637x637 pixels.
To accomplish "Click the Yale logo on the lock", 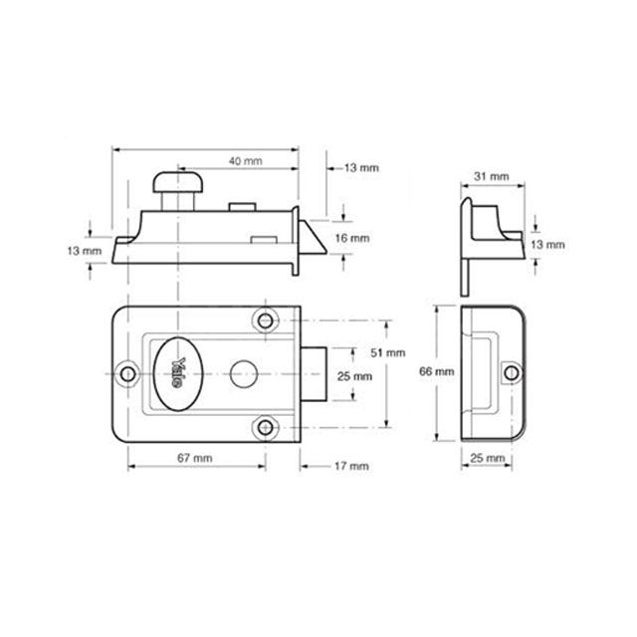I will (179, 372).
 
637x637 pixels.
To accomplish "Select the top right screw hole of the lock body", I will (264, 319).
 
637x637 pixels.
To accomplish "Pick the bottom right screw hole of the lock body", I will (264, 426).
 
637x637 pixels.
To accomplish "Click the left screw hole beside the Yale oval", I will (129, 373).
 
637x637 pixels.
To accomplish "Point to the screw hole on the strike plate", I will (512, 372).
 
